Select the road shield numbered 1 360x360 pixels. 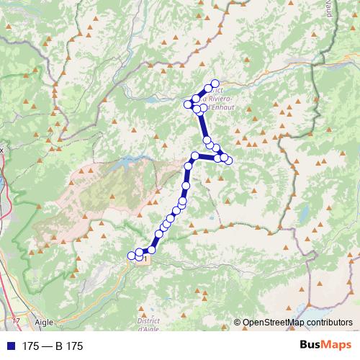(146, 257)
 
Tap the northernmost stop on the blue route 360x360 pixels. (215, 84)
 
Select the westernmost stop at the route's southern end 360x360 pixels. (131, 255)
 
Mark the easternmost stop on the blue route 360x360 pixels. (229, 160)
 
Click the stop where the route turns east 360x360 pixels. (194, 156)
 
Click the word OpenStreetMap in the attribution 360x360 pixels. (271, 323)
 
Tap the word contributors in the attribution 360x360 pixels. (327, 323)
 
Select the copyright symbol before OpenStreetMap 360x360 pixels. (238, 323)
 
